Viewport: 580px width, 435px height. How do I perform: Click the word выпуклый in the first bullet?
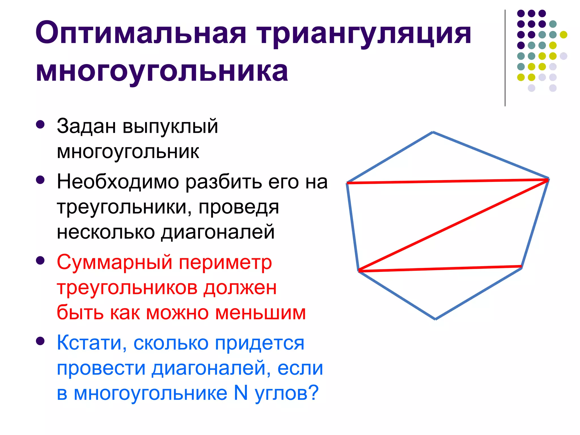pos(170,126)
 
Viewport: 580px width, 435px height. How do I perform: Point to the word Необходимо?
pos(118,182)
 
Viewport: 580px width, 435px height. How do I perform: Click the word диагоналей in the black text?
pos(218,232)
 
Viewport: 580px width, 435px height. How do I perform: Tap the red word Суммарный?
pos(114,262)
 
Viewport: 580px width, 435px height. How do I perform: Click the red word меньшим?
pos(261,313)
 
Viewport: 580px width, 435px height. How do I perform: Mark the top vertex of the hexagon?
pos(433,132)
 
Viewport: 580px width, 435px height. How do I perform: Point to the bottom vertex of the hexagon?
pos(435,319)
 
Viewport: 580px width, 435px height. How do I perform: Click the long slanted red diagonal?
pos(453,225)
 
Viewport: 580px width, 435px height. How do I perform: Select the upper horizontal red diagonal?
pos(447,181)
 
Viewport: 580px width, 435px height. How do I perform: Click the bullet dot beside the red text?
pos(40,261)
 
